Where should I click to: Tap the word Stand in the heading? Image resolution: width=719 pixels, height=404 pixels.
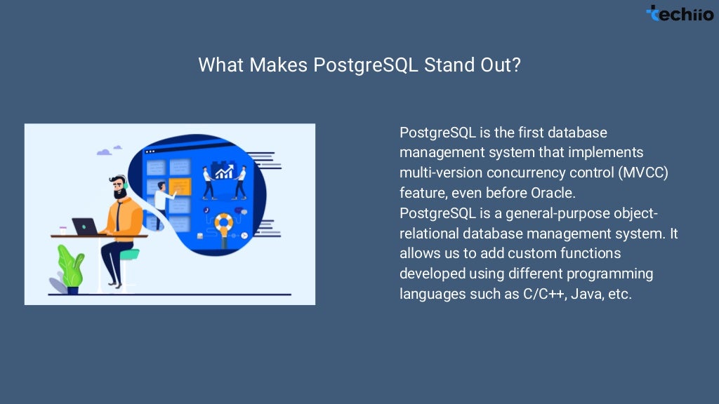pyautogui.click(x=449, y=65)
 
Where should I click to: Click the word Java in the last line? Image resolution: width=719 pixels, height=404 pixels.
pyautogui.click(x=585, y=294)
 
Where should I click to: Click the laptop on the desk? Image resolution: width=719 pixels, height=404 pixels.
pyautogui.click(x=85, y=227)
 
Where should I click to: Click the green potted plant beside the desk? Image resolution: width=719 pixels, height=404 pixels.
pyautogui.click(x=70, y=267)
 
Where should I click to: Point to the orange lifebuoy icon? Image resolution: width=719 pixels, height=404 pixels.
pyautogui.click(x=224, y=222)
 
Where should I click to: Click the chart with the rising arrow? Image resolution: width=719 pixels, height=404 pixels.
pyautogui.click(x=225, y=170)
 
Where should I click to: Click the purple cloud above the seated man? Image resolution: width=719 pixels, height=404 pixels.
pyautogui.click(x=105, y=151)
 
